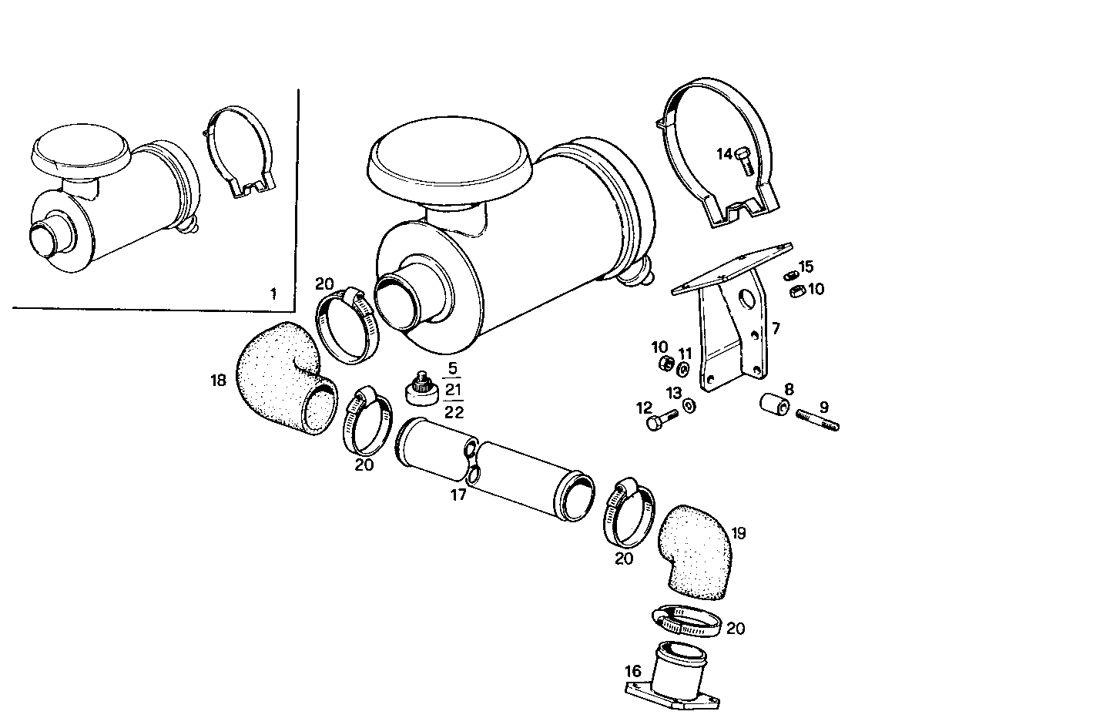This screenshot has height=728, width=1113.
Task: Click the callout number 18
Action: pos(219,380)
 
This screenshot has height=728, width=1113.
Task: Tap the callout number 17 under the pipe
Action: pos(458,495)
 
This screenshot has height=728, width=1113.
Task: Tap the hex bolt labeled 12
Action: pos(662,420)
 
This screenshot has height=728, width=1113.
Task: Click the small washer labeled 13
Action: pos(688,406)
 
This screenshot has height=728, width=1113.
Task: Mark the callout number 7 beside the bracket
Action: pos(776,329)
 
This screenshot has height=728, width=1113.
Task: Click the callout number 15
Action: pos(806,267)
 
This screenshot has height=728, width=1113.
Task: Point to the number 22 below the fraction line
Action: pos(454,412)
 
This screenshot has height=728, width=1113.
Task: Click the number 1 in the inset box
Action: pos(272,294)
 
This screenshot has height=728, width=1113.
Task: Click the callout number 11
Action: pos(686,354)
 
